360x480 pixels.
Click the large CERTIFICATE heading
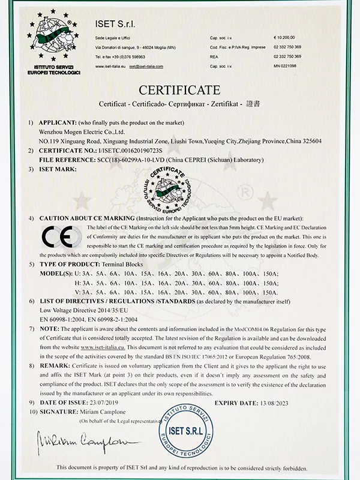point(180,91)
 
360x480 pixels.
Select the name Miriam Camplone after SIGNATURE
point(103,414)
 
